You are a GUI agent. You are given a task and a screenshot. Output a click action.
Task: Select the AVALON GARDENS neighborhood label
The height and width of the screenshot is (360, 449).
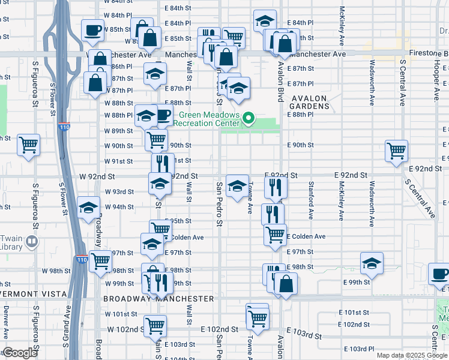(310, 102)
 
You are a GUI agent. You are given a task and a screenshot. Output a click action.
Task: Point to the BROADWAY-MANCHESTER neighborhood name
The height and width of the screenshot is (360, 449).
(158, 298)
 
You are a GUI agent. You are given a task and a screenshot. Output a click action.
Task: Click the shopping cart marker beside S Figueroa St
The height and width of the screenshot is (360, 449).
(28, 144)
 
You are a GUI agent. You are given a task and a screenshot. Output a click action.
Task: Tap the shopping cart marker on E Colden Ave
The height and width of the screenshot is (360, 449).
(275, 235)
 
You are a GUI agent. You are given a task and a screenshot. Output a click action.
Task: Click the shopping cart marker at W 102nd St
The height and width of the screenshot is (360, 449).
(155, 326)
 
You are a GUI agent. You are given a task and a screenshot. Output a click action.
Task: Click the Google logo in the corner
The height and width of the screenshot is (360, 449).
(20, 353)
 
